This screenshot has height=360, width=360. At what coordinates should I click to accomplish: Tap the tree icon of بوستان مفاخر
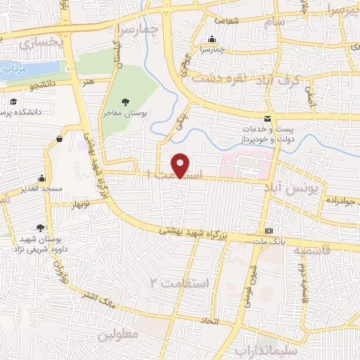pyautogui.click(x=125, y=102)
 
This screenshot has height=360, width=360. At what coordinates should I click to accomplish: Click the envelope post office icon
pyautogui.click(x=266, y=118)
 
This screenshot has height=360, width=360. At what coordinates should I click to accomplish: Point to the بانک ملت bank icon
pyautogui.click(x=269, y=231)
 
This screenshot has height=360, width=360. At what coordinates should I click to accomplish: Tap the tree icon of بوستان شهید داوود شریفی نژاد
pyautogui.click(x=40, y=226)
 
